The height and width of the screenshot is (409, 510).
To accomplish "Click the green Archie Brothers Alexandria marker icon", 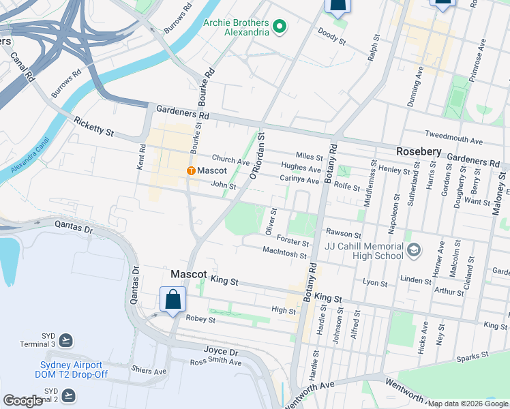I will [x=279, y=27].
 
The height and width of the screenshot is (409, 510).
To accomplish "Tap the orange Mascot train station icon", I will [x=192, y=170].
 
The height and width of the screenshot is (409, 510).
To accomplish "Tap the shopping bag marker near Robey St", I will [x=172, y=300].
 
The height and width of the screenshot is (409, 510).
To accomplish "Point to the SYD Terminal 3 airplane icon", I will [x=66, y=339].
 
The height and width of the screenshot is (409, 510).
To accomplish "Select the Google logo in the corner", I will [x=23, y=401].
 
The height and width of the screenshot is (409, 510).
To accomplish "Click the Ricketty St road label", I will [x=94, y=126].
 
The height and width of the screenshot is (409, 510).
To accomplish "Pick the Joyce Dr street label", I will [x=220, y=352].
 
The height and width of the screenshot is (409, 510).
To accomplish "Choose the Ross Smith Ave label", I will [x=215, y=362].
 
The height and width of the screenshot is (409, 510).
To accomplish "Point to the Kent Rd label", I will [x=142, y=157].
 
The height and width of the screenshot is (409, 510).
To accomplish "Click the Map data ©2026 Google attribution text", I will [x=467, y=404].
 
